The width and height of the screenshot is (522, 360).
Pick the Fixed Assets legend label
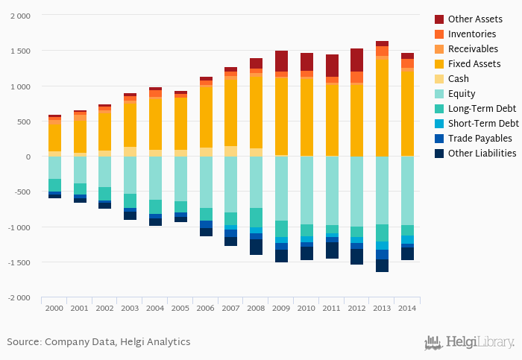click(474, 64)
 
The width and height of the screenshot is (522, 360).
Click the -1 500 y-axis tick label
click(19, 263)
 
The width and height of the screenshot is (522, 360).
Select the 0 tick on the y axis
click(28, 157)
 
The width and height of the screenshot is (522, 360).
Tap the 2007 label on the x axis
click(230, 308)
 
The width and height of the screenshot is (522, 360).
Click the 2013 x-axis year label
click(382, 308)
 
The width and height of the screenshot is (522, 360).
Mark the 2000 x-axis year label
click(54, 308)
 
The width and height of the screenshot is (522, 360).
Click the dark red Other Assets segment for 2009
click(281, 61)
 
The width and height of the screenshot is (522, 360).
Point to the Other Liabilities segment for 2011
click(332, 250)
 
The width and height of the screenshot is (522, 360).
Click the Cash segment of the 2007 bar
click(230, 151)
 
